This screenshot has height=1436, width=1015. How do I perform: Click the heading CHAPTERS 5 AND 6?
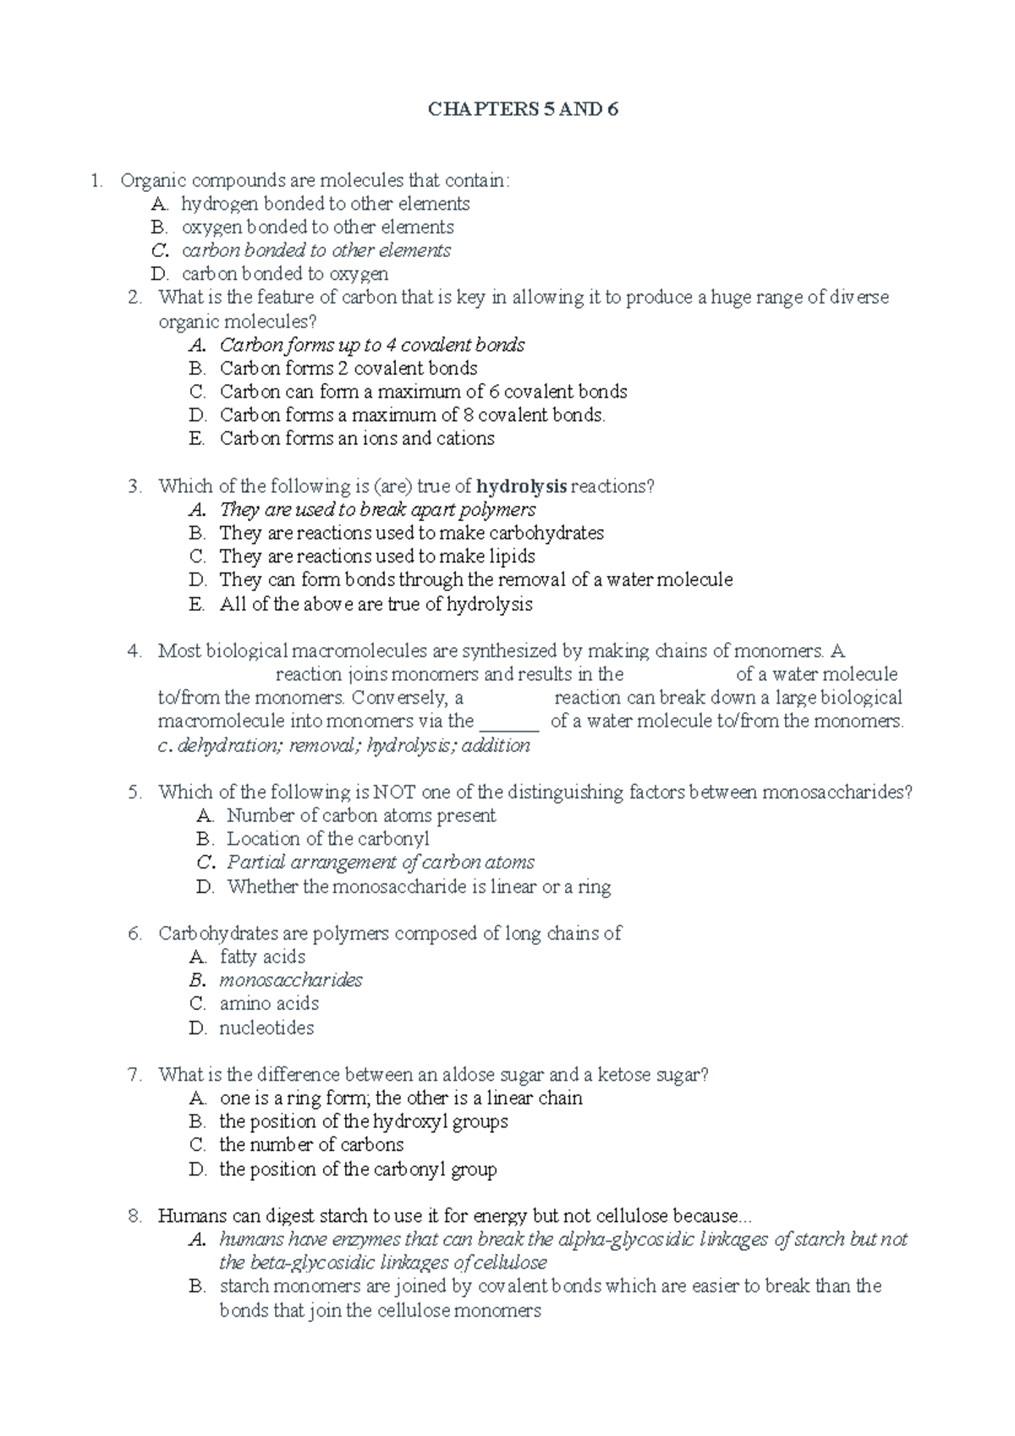pos(523,109)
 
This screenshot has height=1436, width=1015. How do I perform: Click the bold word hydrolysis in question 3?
pos(521,486)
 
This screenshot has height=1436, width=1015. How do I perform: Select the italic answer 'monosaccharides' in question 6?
pos(290,980)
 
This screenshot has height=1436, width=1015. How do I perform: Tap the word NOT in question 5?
pos(395,792)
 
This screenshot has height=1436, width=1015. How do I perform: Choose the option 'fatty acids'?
pos(262,956)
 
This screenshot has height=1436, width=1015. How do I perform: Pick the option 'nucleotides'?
pos(266,1028)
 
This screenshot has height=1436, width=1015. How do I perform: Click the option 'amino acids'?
pos(269,1004)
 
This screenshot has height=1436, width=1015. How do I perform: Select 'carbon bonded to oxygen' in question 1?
pos(284,274)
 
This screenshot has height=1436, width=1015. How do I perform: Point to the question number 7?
pos(134,1075)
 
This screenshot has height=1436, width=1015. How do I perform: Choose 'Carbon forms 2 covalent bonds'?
pos(348,369)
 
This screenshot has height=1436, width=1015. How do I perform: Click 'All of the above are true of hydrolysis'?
pos(376,604)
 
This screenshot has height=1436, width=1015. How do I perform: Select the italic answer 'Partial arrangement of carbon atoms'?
pos(380,863)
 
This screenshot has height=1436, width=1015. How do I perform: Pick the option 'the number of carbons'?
pos(311,1145)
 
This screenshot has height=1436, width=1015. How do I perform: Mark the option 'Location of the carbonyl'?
pos(328,839)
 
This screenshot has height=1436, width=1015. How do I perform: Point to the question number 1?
pos(97,180)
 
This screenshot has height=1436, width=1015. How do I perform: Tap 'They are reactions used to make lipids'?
pos(376,556)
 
